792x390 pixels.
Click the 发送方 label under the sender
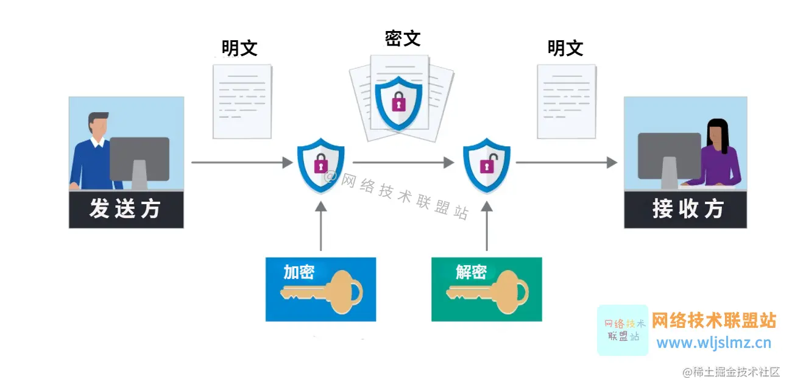tap(126, 209)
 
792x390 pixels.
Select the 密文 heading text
tap(403, 38)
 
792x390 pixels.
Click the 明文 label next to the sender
tap(239, 49)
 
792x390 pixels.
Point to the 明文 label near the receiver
tap(565, 48)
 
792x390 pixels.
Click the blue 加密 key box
tap(320, 289)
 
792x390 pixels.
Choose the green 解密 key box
tap(486, 289)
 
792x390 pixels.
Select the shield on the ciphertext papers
tap(398, 102)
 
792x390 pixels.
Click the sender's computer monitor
tap(140, 158)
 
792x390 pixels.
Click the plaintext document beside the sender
tap(242, 101)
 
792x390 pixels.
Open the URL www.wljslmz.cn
tap(714, 342)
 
